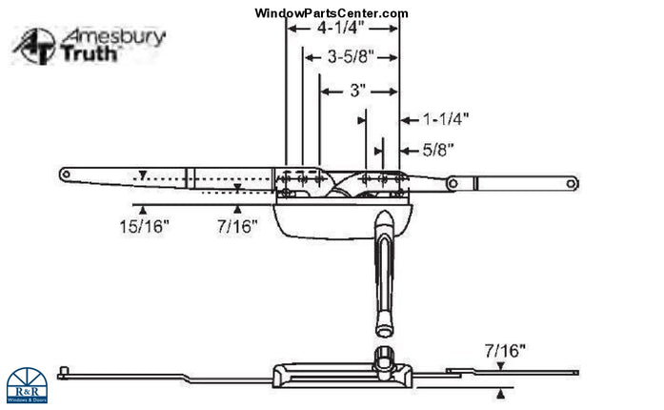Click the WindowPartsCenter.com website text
click(332, 12)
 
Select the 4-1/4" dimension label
click(342, 31)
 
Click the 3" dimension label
click(357, 92)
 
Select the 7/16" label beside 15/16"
click(237, 227)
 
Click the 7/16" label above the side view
click(504, 351)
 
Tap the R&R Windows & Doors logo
click(29, 385)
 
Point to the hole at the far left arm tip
click(67, 174)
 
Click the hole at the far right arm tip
click(571, 182)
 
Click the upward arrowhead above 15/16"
click(143, 208)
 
